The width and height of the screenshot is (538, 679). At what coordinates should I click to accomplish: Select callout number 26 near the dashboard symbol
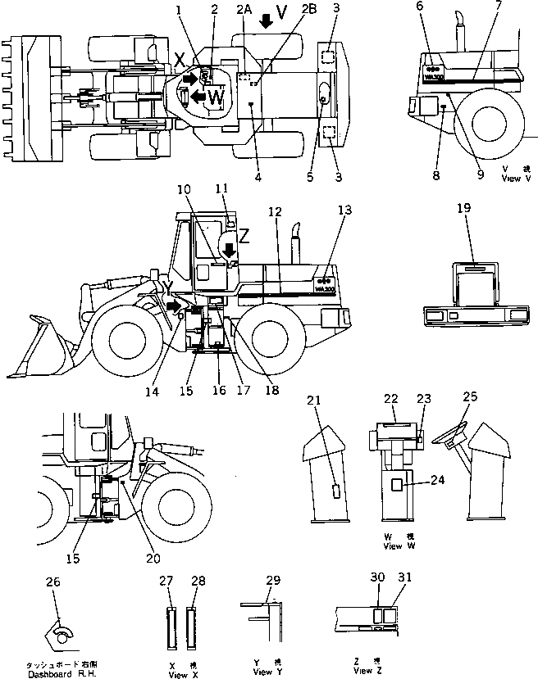pyautogui.click(x=53, y=582)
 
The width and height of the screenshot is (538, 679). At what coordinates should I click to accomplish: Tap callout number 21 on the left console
pyautogui.click(x=312, y=400)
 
